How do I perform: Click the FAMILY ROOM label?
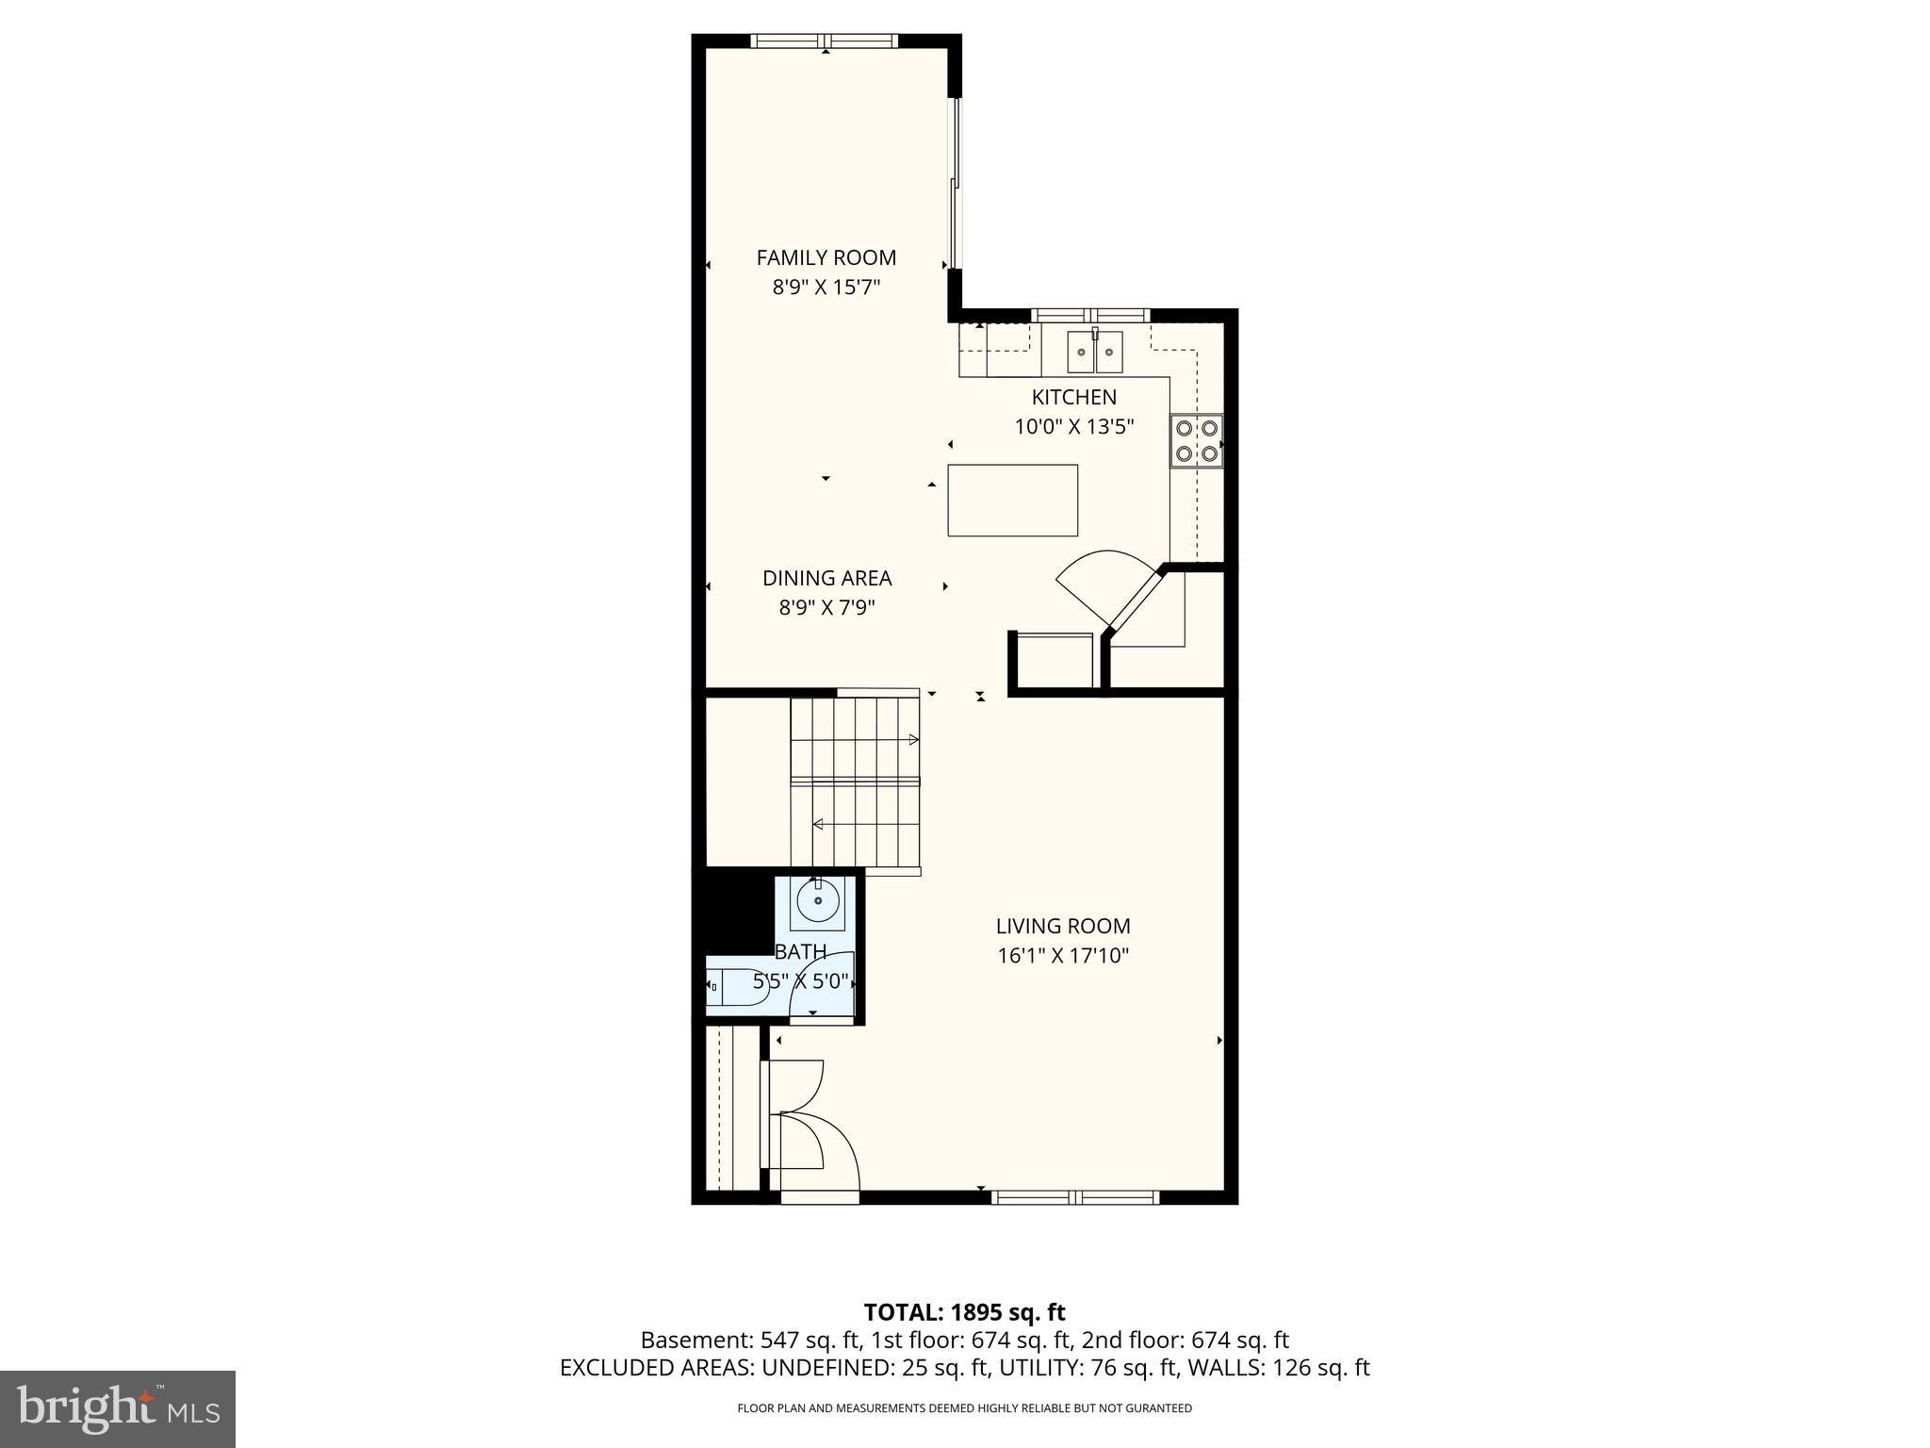(826, 257)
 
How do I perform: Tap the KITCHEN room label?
(1073, 397)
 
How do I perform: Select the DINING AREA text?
(826, 578)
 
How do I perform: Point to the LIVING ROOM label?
(1063, 926)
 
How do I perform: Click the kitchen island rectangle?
(1013, 500)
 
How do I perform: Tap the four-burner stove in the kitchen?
(1197, 440)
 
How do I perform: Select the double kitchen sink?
(1095, 352)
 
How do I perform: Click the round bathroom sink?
(818, 900)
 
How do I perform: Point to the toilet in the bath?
(736, 986)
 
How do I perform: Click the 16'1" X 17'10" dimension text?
(1063, 956)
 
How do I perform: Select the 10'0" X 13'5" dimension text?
(1073, 426)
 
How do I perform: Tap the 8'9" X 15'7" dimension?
(826, 287)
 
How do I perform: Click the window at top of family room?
(825, 41)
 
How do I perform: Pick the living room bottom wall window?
(1075, 1197)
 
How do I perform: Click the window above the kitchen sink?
(1090, 315)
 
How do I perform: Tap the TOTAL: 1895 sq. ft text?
(964, 1312)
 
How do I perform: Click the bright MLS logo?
(118, 1409)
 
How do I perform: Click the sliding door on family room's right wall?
(954, 183)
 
